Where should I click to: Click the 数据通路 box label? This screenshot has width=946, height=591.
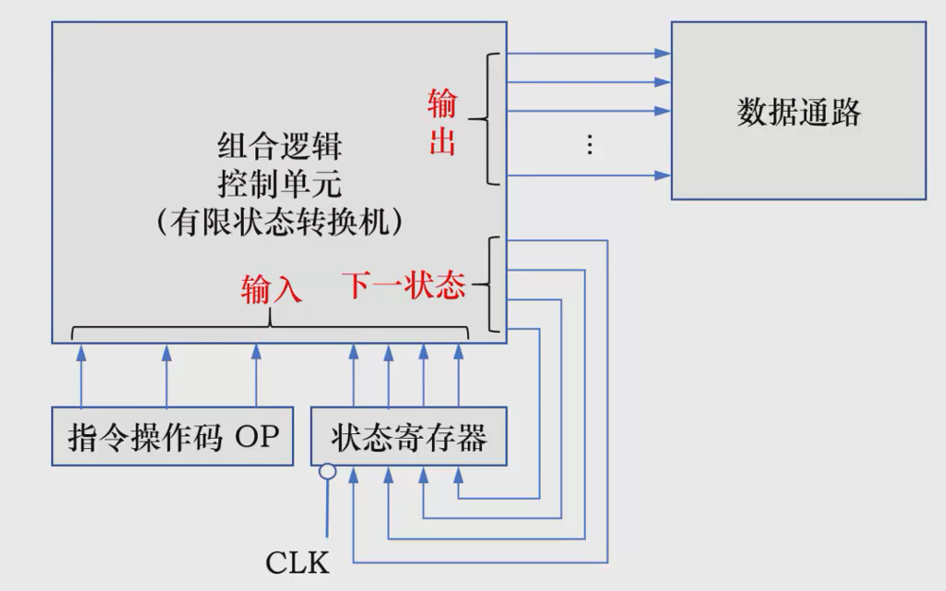click(x=799, y=112)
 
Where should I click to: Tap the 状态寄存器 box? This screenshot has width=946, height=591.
click(x=408, y=437)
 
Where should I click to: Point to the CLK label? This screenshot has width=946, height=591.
click(x=298, y=564)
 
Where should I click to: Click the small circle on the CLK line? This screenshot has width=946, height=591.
click(x=327, y=470)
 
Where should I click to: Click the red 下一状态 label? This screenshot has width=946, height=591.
click(x=404, y=285)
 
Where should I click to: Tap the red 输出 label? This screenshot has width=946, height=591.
click(x=442, y=121)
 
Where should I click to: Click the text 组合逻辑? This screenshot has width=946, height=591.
click(x=280, y=147)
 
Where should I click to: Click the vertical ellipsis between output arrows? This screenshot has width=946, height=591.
click(x=589, y=144)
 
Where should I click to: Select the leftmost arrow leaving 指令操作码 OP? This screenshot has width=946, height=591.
click(x=81, y=376)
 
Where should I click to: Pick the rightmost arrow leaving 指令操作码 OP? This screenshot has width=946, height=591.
click(x=255, y=376)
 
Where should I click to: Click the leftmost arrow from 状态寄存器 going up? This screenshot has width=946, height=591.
click(x=353, y=376)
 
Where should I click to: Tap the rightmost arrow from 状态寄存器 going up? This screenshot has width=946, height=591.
click(x=458, y=376)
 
